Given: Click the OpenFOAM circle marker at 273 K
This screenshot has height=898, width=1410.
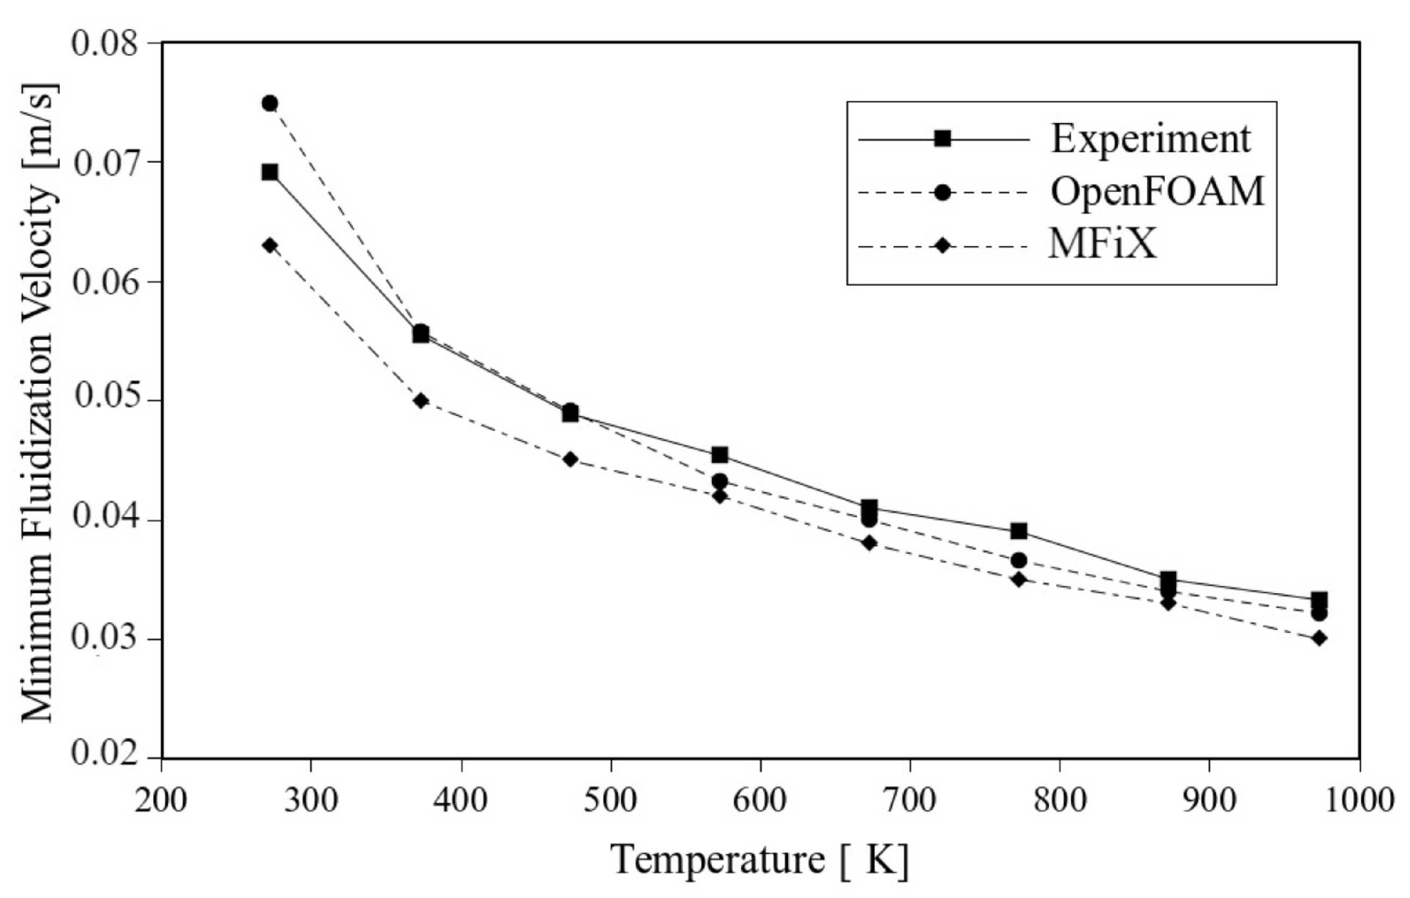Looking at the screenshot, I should (269, 103).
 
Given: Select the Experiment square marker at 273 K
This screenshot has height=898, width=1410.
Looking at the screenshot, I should (269, 172).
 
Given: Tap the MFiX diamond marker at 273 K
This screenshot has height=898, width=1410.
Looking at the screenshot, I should (269, 245).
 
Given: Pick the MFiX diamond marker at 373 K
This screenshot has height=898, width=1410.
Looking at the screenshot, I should (420, 401).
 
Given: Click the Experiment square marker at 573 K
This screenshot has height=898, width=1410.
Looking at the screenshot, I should (720, 454).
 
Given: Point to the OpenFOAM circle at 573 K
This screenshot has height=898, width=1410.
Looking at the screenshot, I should (720, 481).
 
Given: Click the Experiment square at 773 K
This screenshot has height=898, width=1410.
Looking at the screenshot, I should (1019, 531).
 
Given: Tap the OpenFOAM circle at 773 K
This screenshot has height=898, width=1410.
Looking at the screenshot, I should (1019, 560).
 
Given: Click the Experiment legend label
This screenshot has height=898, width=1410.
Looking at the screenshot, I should (1151, 140).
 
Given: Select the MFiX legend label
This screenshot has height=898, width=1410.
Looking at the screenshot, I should (1102, 243).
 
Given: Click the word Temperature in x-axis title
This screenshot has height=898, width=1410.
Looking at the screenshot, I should (718, 859).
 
